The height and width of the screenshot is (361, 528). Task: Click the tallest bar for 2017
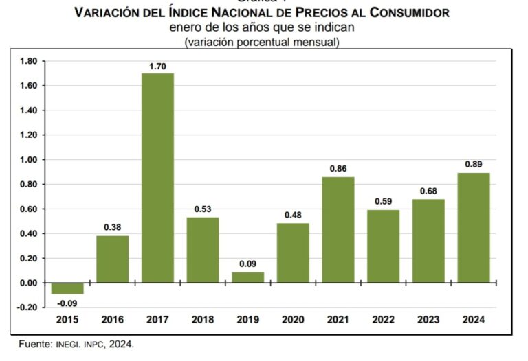tap(157, 178)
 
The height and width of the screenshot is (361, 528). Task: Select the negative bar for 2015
tap(67, 288)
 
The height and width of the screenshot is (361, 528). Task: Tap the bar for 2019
tap(248, 277)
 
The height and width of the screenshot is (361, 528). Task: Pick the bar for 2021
tap(338, 230)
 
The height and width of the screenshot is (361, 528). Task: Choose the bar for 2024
tap(474, 228)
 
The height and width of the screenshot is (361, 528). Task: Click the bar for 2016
tap(113, 259)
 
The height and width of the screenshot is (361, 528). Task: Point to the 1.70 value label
tap(157, 67)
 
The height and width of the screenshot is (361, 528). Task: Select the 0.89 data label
tap(474, 165)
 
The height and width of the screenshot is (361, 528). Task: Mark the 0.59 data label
tap(383, 202)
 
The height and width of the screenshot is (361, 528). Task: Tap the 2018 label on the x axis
tap(203, 320)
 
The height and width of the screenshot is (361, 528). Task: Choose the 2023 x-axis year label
tap(428, 320)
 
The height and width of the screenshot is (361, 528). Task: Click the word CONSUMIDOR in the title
tap(410, 13)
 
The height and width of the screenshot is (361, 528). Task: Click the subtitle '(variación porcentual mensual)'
tap(262, 42)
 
